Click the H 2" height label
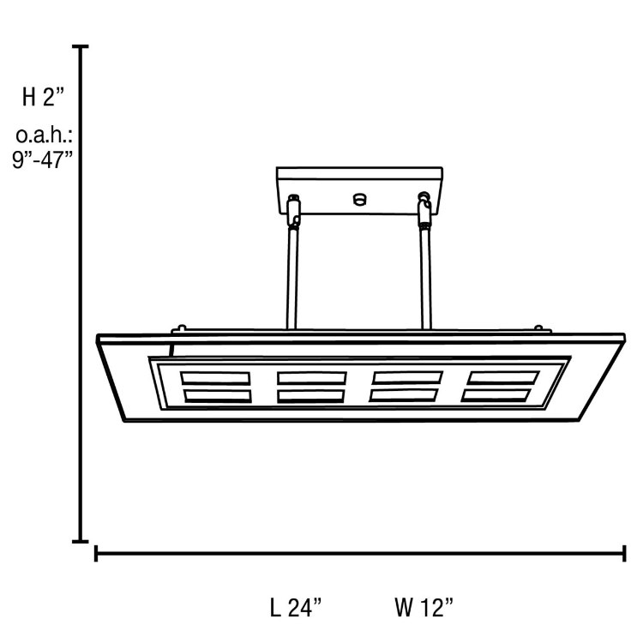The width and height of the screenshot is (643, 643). (43, 98)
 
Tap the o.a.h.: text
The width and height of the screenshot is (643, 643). (44, 135)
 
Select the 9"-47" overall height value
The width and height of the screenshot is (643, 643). (42, 159)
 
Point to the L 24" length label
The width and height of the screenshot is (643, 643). (295, 607)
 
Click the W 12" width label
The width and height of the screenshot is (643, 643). (424, 607)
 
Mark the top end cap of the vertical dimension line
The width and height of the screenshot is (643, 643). (81, 47)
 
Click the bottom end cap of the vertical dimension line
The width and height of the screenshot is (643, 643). (81, 541)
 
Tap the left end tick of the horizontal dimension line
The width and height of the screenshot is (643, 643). (96, 553)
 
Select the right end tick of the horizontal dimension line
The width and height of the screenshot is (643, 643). (624, 553)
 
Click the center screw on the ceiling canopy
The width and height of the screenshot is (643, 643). (359, 199)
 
